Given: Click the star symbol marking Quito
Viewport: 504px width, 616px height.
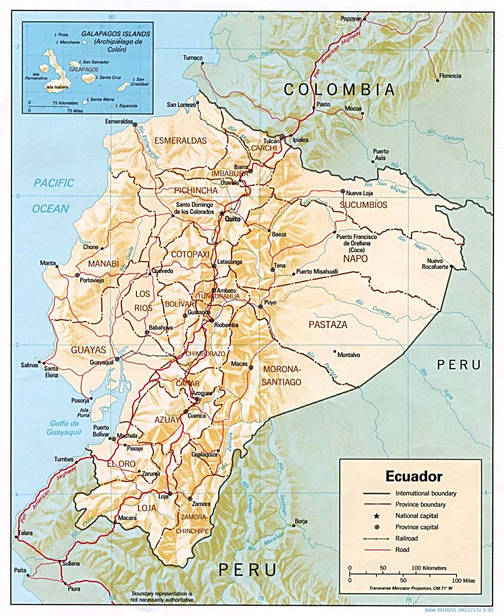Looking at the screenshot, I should (222, 213).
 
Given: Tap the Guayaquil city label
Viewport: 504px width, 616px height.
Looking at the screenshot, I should (101, 362).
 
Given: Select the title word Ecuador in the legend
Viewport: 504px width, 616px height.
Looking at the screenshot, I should (413, 476).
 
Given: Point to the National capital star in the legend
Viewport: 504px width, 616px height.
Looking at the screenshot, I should (376, 516).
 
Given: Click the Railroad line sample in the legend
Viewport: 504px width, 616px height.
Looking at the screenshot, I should (376, 538).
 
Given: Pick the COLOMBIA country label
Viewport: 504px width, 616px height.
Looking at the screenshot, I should (339, 90).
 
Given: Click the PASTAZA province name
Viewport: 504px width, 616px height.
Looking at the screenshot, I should (328, 325).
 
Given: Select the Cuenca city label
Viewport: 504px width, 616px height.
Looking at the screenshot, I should (196, 416).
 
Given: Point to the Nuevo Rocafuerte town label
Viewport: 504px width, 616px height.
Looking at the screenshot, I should (435, 264).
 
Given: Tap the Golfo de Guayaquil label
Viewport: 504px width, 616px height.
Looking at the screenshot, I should (64, 428).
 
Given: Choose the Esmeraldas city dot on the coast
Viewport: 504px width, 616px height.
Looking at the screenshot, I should (135, 125).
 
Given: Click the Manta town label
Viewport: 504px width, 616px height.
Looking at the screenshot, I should (48, 263).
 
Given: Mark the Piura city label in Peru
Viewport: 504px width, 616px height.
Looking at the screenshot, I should (74, 589).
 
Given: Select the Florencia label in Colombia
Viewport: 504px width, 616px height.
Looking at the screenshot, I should (450, 76).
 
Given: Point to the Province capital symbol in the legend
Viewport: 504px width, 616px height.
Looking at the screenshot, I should (376, 527).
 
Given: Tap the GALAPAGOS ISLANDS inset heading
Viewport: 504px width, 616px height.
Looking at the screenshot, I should (115, 34).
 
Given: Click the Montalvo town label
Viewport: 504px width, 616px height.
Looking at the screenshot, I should (349, 355).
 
